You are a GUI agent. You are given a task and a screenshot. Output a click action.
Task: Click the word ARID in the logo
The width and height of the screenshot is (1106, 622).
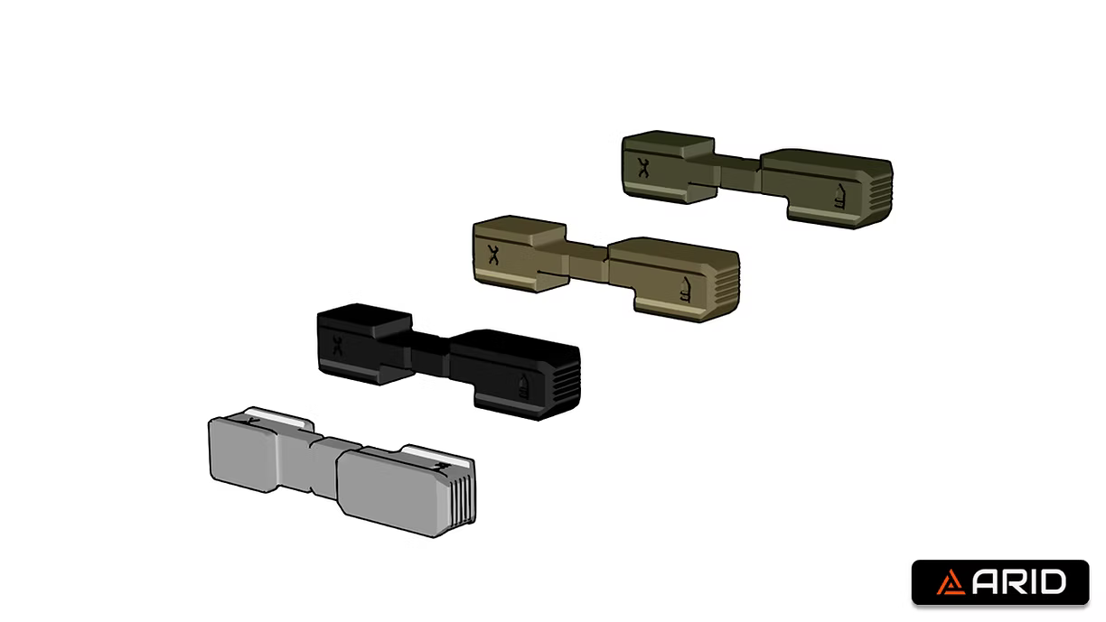tap(1018, 582)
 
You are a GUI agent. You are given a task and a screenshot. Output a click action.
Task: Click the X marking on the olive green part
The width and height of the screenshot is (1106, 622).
tap(643, 167)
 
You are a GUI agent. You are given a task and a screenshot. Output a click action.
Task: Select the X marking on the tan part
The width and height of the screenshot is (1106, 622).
tap(493, 255)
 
